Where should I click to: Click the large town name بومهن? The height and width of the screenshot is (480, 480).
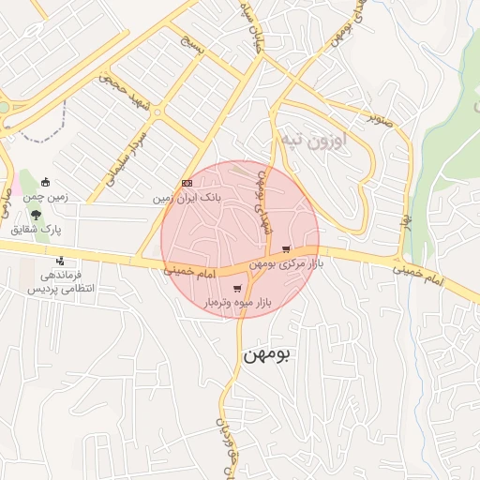(267, 354)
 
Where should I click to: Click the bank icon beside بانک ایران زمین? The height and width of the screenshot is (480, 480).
(187, 184)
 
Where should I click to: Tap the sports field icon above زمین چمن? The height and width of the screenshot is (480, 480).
(46, 182)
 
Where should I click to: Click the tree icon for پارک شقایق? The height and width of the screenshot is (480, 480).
(37, 214)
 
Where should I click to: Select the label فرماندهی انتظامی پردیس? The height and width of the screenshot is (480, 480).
(55, 283)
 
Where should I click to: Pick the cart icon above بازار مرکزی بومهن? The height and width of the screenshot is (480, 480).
(285, 249)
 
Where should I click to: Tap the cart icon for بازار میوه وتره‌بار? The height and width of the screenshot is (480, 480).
(237, 288)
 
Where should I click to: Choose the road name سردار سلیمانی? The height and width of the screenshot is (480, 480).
(126, 157)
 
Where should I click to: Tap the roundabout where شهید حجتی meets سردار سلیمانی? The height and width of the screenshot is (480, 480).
(157, 113)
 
